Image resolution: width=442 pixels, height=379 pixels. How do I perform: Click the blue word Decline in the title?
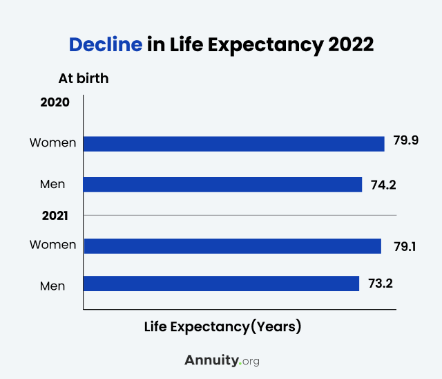106,45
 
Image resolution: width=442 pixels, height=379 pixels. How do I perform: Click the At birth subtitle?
84,78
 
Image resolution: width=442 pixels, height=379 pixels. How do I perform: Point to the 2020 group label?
55,102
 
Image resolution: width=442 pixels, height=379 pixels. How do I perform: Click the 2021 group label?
55,215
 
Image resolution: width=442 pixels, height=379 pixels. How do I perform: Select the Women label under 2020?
52,143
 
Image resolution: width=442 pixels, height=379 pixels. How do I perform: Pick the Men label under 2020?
53,184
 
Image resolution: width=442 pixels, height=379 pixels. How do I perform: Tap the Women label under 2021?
52,245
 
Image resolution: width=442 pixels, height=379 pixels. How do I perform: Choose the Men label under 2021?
53,285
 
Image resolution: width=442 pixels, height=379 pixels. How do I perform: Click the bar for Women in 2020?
233,143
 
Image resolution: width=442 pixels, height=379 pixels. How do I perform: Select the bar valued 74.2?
222,184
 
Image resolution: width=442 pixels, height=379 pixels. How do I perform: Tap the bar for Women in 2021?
232,246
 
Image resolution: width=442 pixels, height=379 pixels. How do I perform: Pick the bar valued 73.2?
221,284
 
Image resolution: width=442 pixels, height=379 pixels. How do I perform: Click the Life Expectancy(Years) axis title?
222,326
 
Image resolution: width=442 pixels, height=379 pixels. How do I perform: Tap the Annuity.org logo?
222,360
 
